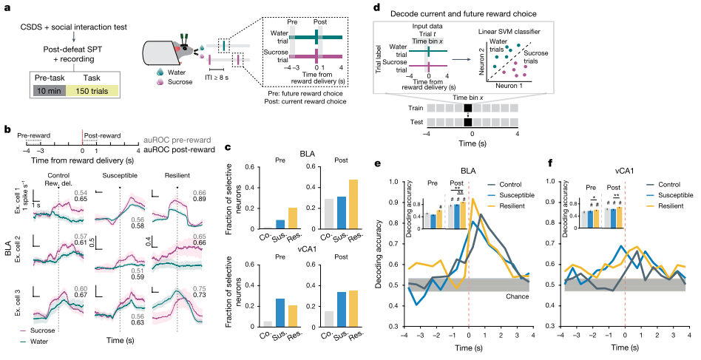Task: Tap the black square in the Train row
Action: tap(469, 107)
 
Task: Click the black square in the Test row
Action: tap(469, 120)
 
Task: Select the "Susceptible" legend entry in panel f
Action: tap(670, 194)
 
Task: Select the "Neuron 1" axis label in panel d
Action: tap(507, 85)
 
